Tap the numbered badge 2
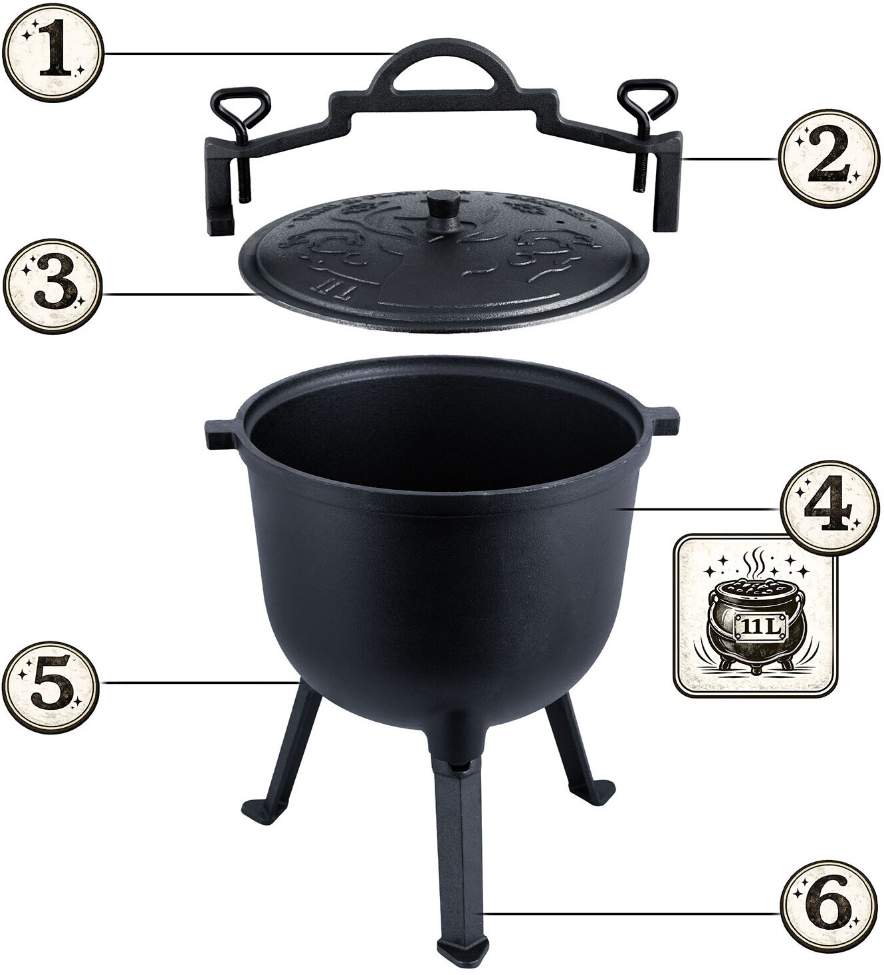pyautogui.click(x=828, y=159)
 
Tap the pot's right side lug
pyautogui.click(x=662, y=425)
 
